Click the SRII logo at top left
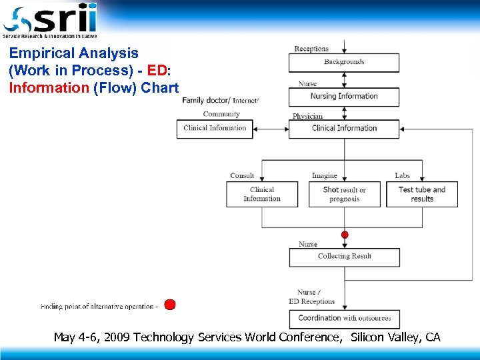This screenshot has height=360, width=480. point(50,20)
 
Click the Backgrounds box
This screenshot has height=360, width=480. point(344,62)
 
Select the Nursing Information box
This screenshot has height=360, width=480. point(344,97)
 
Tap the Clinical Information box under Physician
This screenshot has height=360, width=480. point(344,129)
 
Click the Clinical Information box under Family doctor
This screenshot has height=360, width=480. point(215,129)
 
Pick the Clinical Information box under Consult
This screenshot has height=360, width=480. point(262,194)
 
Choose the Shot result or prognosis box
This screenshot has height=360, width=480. point(344,194)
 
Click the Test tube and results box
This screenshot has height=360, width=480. point(422,194)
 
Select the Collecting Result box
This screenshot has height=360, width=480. point(344,257)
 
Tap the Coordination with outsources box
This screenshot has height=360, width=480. point(344,319)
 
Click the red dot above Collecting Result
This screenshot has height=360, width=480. point(345,235)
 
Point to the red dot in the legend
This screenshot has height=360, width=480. point(170,305)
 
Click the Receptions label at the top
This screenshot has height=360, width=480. point(311,49)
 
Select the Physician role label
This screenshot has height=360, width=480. point(307,116)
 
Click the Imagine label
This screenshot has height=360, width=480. point(325,176)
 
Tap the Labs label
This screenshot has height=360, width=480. point(402,176)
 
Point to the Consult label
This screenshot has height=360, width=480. point(242,176)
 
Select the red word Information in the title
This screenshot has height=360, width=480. point(49,87)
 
